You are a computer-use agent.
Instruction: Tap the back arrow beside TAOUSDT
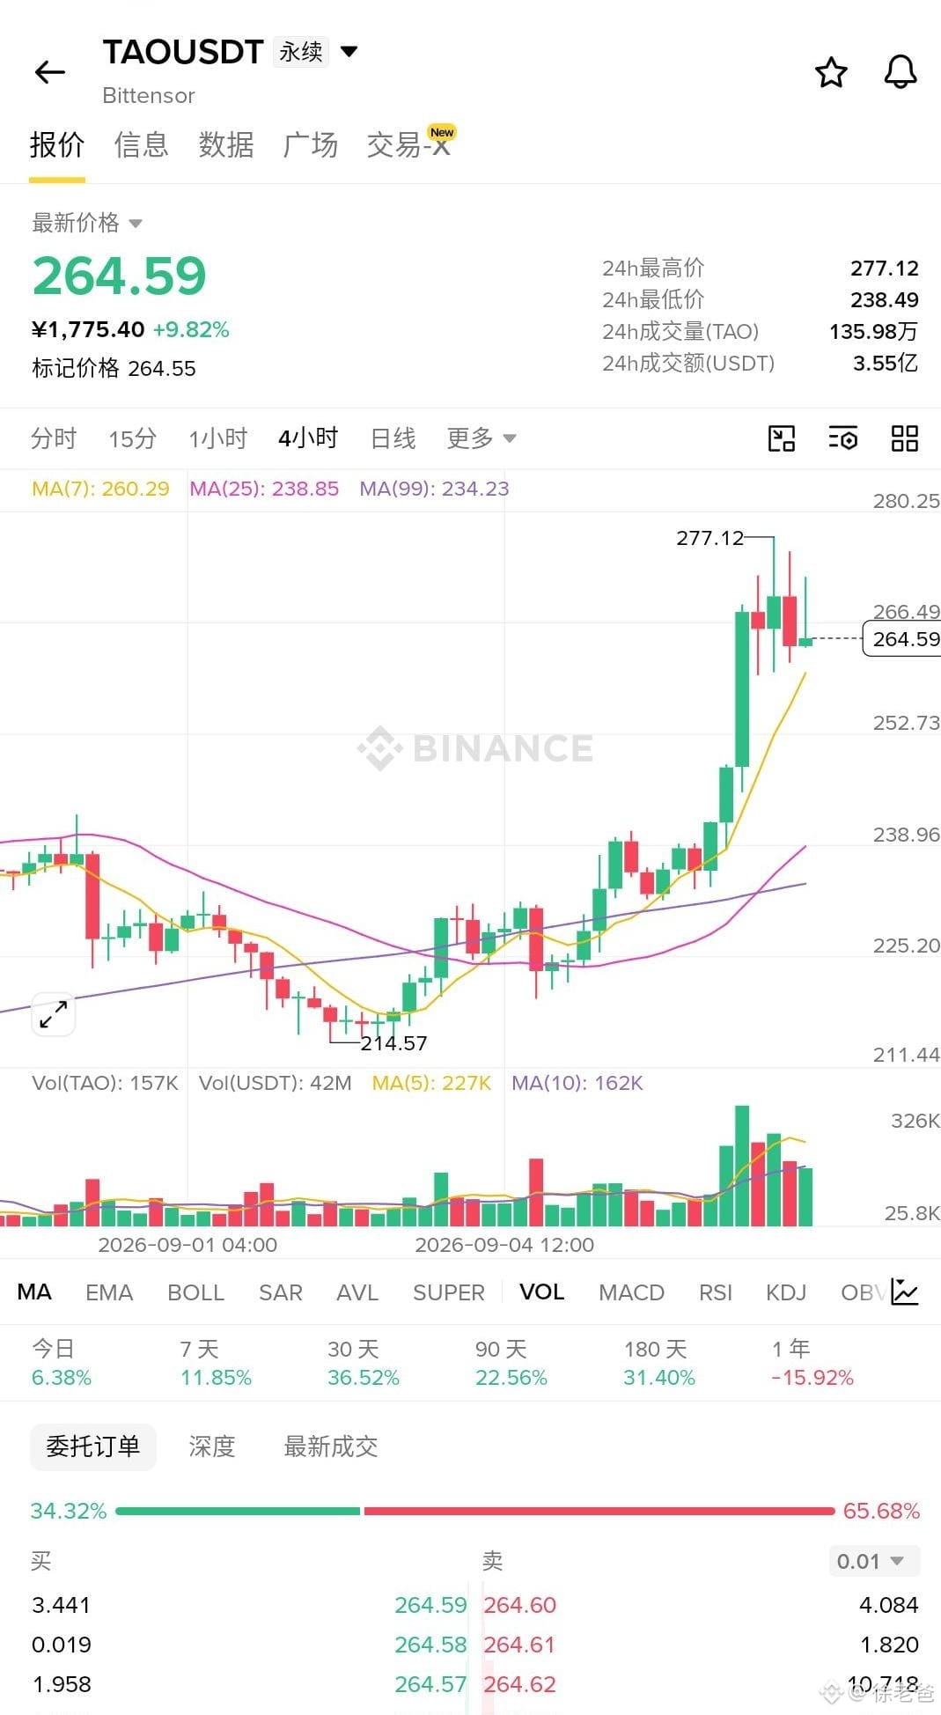point(50,72)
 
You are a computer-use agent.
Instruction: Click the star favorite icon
point(831,72)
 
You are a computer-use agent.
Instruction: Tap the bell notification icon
point(901,72)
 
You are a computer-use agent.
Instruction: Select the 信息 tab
point(141,144)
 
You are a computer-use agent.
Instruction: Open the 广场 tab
point(311,144)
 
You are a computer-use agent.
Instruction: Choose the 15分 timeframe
point(132,438)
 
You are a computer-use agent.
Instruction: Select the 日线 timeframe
point(393,438)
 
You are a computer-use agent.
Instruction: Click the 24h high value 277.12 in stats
point(884,269)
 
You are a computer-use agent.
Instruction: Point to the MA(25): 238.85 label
point(264,489)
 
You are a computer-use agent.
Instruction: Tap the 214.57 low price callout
point(393,1043)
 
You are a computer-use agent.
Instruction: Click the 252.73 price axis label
point(906,723)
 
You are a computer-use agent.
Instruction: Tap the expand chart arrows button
point(54,1014)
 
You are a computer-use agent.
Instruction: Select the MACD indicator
point(631,1292)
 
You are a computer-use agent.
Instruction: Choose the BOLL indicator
point(195,1292)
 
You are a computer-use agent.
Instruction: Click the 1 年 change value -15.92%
point(812,1378)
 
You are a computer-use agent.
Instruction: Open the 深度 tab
point(212,1446)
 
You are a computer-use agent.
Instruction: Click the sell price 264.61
point(519,1645)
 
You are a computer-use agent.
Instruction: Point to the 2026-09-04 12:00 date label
point(504,1245)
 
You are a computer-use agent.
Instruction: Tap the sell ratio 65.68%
point(881,1511)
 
